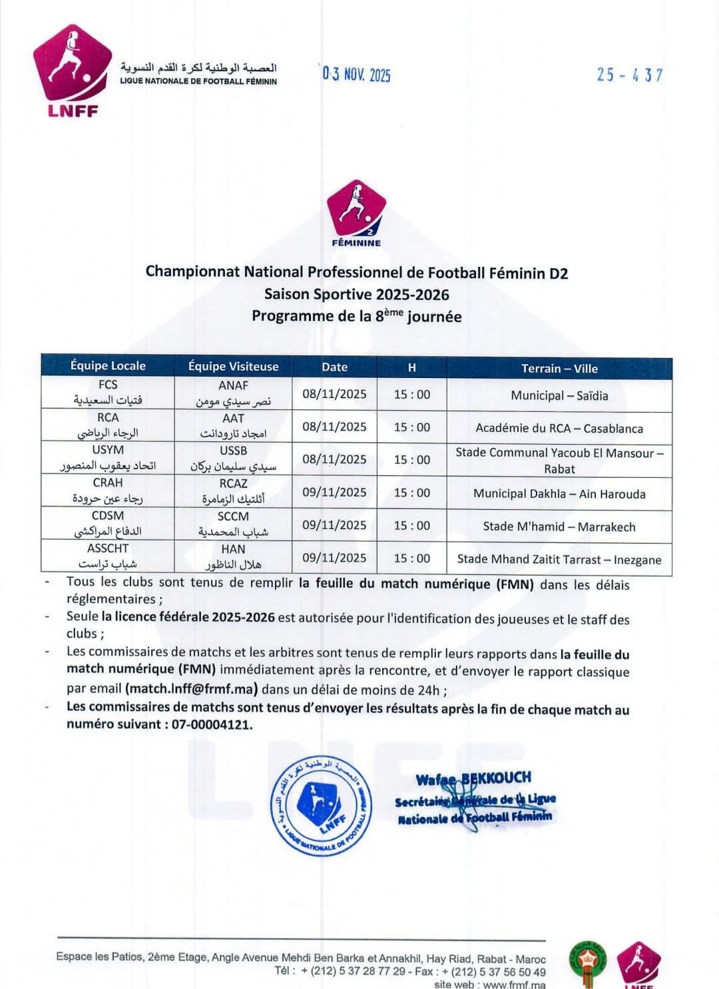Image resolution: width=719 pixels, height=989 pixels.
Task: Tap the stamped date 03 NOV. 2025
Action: click(x=357, y=75)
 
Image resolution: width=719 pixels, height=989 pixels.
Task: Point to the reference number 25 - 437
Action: click(x=629, y=75)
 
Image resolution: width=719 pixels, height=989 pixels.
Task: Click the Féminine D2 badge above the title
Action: click(x=356, y=213)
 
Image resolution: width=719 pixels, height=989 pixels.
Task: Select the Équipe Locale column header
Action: click(x=108, y=365)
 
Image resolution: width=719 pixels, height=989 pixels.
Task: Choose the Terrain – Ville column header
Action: click(x=559, y=368)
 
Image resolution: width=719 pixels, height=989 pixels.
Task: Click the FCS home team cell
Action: click(x=108, y=393)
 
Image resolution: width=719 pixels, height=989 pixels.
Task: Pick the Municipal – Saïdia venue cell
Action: click(x=559, y=395)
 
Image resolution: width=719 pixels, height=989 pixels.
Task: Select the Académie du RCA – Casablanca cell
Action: click(x=559, y=428)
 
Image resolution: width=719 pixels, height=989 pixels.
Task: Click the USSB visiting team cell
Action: click(x=233, y=459)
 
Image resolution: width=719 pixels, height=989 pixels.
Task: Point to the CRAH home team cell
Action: click(x=108, y=491)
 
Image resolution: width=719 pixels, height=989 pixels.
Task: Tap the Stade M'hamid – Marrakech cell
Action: click(x=559, y=526)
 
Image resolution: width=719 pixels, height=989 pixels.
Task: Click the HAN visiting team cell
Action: click(x=233, y=556)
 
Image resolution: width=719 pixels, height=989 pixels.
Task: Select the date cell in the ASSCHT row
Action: click(x=334, y=558)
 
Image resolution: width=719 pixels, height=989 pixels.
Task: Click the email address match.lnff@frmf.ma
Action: click(x=192, y=689)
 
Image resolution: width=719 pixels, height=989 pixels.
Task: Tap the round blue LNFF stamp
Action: click(x=321, y=807)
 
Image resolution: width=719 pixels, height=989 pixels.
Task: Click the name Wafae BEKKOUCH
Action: click(x=473, y=778)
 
